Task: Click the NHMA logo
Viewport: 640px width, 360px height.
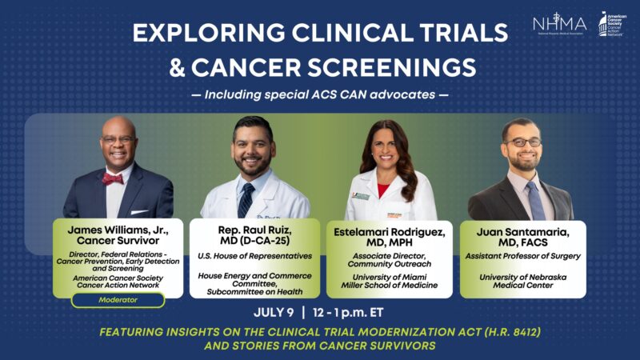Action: tap(559, 24)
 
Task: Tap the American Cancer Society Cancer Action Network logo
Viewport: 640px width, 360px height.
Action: tap(614, 24)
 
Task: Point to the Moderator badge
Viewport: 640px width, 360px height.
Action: tap(118, 300)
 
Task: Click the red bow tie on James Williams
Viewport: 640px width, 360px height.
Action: tap(113, 179)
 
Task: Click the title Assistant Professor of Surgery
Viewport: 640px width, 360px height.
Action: tap(521, 256)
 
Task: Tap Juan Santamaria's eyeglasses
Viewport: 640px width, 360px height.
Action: tap(522, 142)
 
